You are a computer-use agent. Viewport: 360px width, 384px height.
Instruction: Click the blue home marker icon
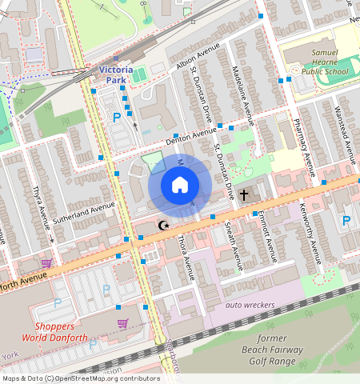tap(180, 186)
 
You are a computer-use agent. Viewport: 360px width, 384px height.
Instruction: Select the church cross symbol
tap(245, 194)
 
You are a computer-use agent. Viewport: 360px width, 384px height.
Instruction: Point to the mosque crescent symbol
tap(164, 226)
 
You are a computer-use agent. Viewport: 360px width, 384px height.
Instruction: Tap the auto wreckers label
tap(250, 305)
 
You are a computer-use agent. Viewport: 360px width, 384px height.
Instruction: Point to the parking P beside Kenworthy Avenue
tap(346, 220)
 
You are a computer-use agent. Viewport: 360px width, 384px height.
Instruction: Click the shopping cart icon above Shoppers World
tap(122, 323)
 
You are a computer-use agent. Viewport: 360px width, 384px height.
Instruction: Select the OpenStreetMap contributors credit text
tap(80, 378)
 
